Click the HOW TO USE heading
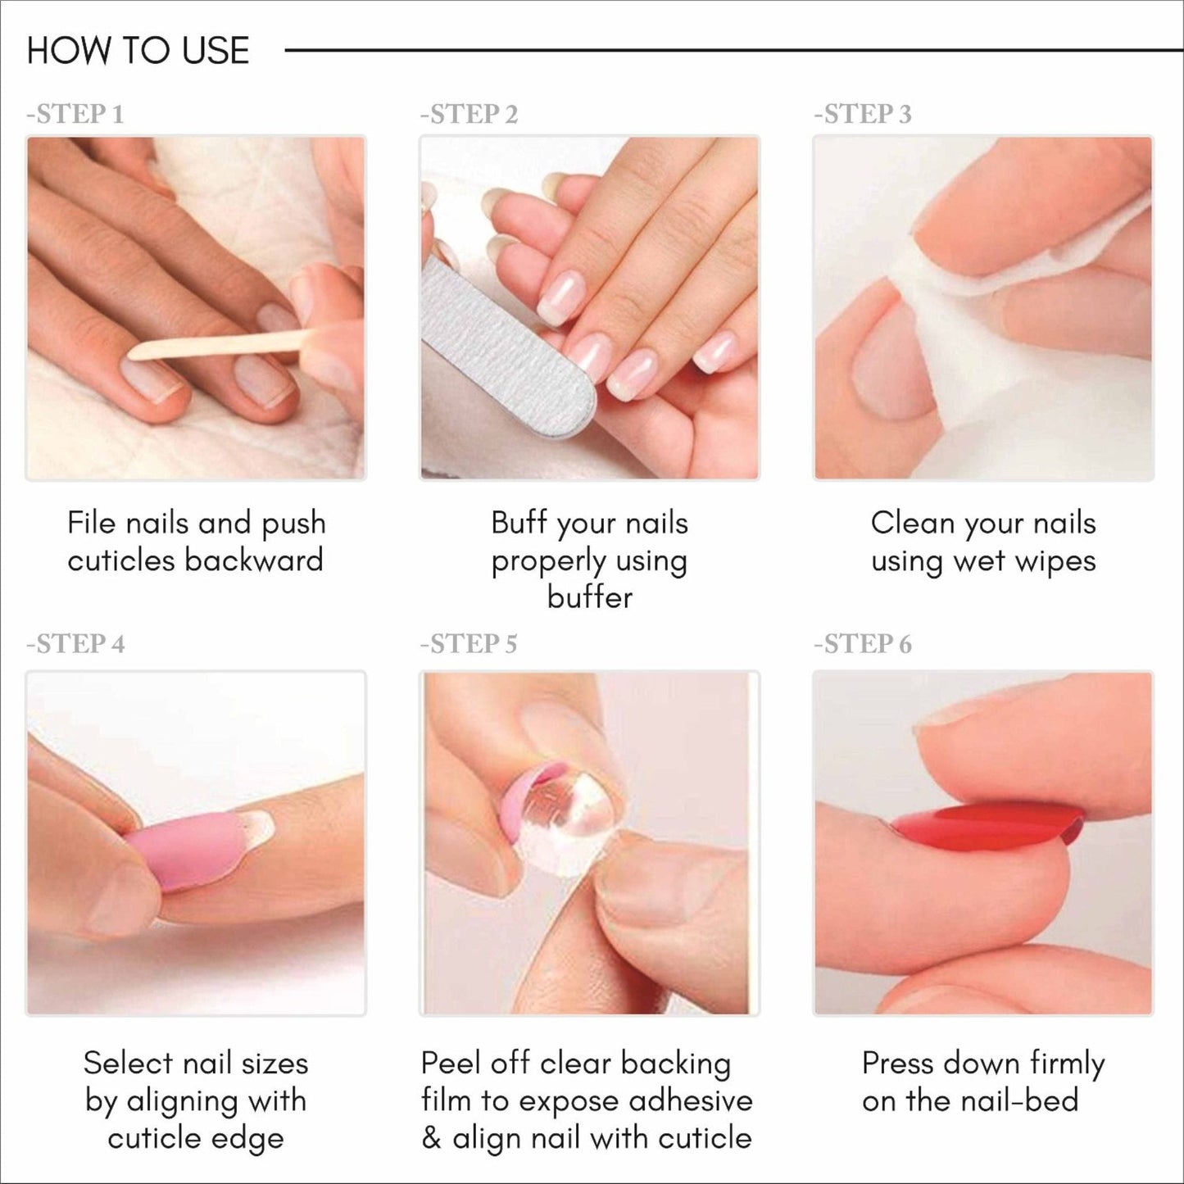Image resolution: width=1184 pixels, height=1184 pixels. tap(138, 51)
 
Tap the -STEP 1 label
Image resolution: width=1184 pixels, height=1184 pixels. tap(75, 114)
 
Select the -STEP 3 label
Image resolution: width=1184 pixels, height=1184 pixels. tap(863, 114)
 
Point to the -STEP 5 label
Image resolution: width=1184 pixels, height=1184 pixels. tap(469, 644)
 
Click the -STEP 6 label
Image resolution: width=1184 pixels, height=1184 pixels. tap(863, 644)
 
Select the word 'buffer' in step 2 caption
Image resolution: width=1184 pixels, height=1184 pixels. tap(590, 597)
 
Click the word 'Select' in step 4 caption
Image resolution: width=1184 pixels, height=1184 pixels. tap(127, 1063)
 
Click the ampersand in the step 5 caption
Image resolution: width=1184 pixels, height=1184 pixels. tap(431, 1138)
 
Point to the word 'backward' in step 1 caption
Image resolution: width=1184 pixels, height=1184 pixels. tap(254, 560)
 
